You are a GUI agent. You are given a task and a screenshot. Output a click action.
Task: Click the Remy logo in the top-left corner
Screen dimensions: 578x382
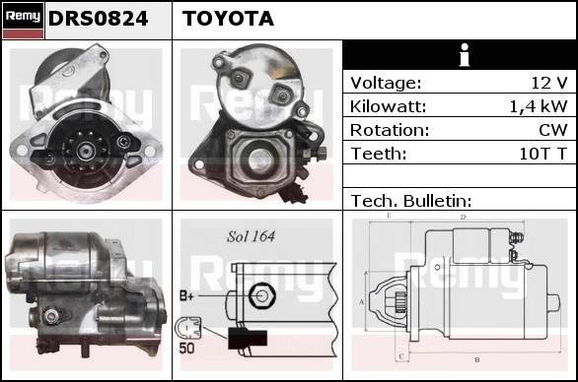pyautogui.click(x=24, y=21)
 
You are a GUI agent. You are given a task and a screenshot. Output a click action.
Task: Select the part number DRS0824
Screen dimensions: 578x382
pyautogui.click(x=98, y=19)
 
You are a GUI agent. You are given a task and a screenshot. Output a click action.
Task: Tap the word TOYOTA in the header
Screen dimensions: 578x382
pyautogui.click(x=228, y=19)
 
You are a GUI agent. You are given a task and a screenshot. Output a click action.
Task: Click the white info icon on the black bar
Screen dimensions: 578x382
pyautogui.click(x=465, y=55)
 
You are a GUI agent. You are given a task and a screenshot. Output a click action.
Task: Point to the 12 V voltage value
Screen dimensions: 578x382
pyautogui.click(x=548, y=83)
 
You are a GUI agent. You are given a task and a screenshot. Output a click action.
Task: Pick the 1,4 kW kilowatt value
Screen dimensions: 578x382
pyautogui.click(x=539, y=106)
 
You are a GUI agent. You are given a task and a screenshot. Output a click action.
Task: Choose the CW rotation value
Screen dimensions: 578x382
pyautogui.click(x=553, y=130)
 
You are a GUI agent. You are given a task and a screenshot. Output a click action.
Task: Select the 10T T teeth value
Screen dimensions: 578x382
pyautogui.click(x=542, y=154)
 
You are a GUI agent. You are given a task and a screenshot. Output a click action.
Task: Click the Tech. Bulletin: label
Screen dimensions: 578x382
pyautogui.click(x=411, y=201)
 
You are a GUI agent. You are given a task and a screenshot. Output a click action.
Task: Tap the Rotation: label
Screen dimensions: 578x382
pyautogui.click(x=390, y=130)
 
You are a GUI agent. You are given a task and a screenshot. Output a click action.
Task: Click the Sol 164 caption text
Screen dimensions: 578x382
pyautogui.click(x=251, y=236)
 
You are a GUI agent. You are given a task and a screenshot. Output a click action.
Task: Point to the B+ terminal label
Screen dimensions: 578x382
pyautogui.click(x=186, y=295)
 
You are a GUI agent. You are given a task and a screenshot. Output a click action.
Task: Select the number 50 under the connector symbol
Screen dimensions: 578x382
pyautogui.click(x=186, y=348)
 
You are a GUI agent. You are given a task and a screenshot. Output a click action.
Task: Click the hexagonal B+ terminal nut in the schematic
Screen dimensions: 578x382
pyautogui.click(x=262, y=295)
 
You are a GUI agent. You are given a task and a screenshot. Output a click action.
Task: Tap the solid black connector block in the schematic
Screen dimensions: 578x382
pyautogui.click(x=248, y=339)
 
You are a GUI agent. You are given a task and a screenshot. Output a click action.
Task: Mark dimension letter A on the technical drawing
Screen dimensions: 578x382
pyautogui.click(x=362, y=302)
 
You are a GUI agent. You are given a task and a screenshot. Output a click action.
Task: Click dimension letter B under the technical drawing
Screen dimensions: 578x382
pyautogui.click(x=477, y=359)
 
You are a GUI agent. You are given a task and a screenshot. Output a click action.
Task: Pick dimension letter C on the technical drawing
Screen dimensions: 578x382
pyautogui.click(x=401, y=356)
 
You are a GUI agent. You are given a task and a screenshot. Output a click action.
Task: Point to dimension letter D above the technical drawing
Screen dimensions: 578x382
pyautogui.click(x=463, y=218)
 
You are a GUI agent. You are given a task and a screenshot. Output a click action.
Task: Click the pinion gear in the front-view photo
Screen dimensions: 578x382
pyautogui.click(x=86, y=151)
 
